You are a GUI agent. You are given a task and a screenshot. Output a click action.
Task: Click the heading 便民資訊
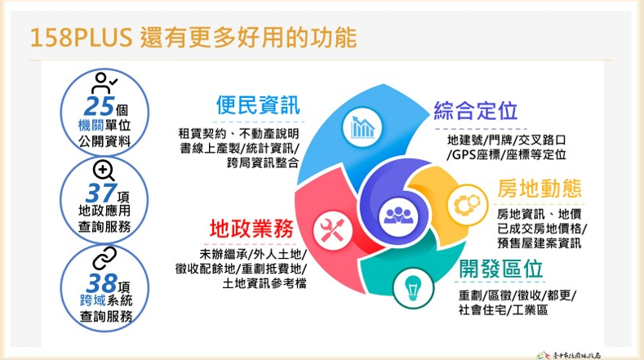click(x=257, y=106)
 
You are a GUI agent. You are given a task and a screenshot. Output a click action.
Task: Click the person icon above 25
click(x=104, y=83)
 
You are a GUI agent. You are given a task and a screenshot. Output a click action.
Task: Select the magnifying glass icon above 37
click(x=104, y=171)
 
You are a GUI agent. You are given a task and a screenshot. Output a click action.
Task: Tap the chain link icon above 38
click(x=104, y=259)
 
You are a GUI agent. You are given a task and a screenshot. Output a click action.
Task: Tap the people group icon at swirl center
click(x=398, y=212)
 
